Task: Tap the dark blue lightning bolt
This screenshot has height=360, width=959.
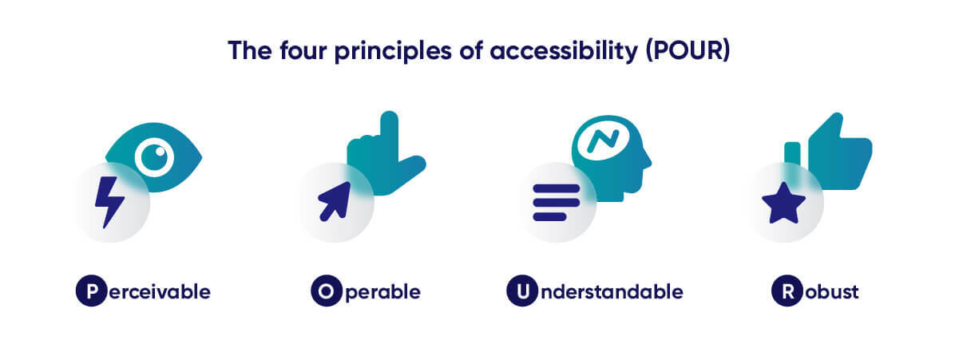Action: [109, 202]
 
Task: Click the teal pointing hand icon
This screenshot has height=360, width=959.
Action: [389, 152]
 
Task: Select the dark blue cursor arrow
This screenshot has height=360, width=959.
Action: [335, 200]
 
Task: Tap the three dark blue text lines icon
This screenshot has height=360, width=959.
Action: [556, 202]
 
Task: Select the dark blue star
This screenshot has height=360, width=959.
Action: [783, 203]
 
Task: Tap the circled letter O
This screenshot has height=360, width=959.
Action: [326, 291]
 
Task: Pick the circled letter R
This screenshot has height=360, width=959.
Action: [787, 291]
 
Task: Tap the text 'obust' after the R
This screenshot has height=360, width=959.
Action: [831, 291]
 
